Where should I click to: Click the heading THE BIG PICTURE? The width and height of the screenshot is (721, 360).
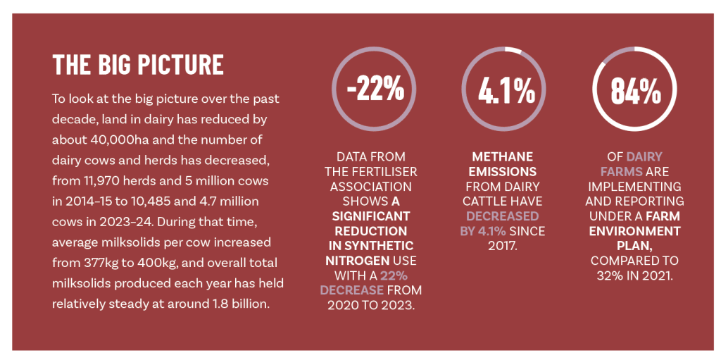coord(139,65)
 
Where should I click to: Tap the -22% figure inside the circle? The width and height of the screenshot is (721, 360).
coord(375,89)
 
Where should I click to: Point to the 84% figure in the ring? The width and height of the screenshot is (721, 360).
coord(636,90)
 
